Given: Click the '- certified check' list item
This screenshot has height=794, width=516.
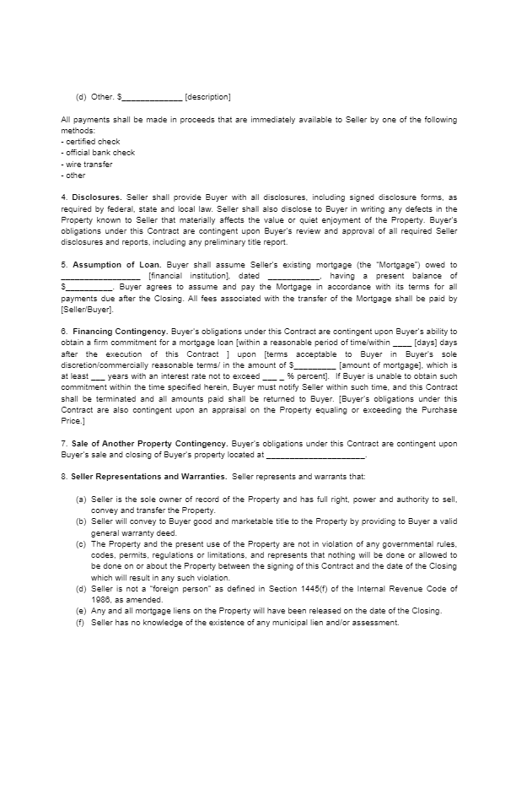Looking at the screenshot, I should click(x=90, y=142).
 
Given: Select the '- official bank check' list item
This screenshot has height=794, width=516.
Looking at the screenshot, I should click(x=98, y=153).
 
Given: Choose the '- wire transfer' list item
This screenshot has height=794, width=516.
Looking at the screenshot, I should click(x=87, y=165).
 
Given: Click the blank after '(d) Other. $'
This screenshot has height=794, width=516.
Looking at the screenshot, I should click(x=152, y=97).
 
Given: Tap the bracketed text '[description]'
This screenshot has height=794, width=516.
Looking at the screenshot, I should click(x=207, y=97).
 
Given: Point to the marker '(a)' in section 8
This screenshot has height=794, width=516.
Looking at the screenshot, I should click(x=81, y=500).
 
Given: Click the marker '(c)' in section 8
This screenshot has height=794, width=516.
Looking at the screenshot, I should click(x=81, y=544).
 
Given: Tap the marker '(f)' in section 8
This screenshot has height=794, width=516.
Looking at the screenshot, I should click(x=81, y=622).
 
